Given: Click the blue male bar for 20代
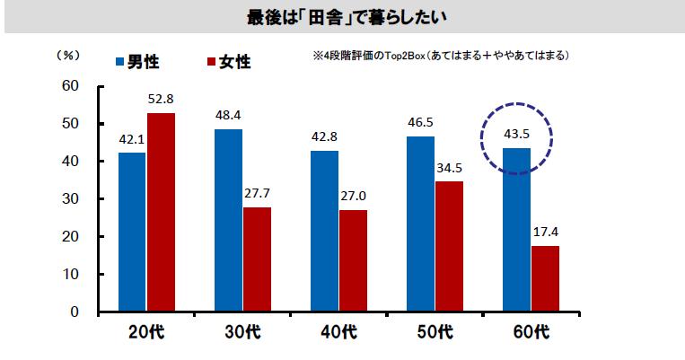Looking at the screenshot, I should coord(132,233).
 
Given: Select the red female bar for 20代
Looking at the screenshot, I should coord(161,213).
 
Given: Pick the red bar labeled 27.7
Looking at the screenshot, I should coord(257,259).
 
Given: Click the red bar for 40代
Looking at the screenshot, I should coord(353,261).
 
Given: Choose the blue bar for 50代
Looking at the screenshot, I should coord(421,224).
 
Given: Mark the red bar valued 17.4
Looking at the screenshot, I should coord(545,279).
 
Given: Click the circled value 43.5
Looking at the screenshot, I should coord(515,136).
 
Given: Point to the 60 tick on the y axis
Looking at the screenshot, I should coord(70,86).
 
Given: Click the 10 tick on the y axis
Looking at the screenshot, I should coord(70,275).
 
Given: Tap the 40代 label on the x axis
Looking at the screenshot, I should coord(338,334).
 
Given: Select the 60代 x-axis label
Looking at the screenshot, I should coord(531,334).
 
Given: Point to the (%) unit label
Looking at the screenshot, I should coord(68,55).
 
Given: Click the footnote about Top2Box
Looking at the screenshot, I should coord(438,56).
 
